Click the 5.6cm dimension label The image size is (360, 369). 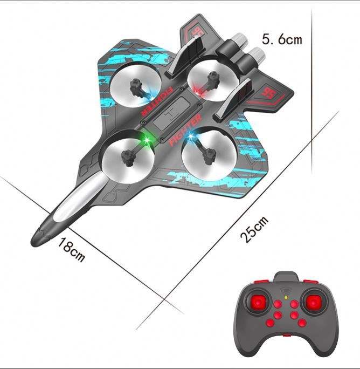point(282,39)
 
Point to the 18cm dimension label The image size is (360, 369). point(72,249)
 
